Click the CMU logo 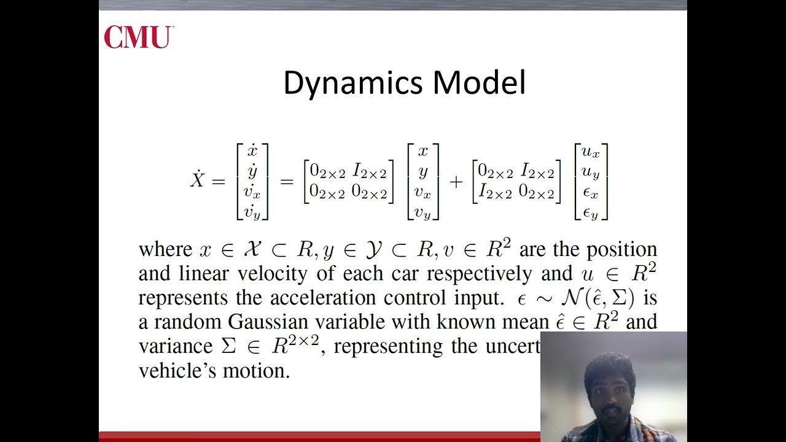[x=139, y=37]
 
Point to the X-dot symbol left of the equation [x=196, y=180]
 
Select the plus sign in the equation [x=456, y=182]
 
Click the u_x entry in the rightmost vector [x=590, y=151]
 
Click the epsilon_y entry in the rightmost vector [x=590, y=213]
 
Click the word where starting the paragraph [x=165, y=249]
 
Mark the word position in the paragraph [x=621, y=249]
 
